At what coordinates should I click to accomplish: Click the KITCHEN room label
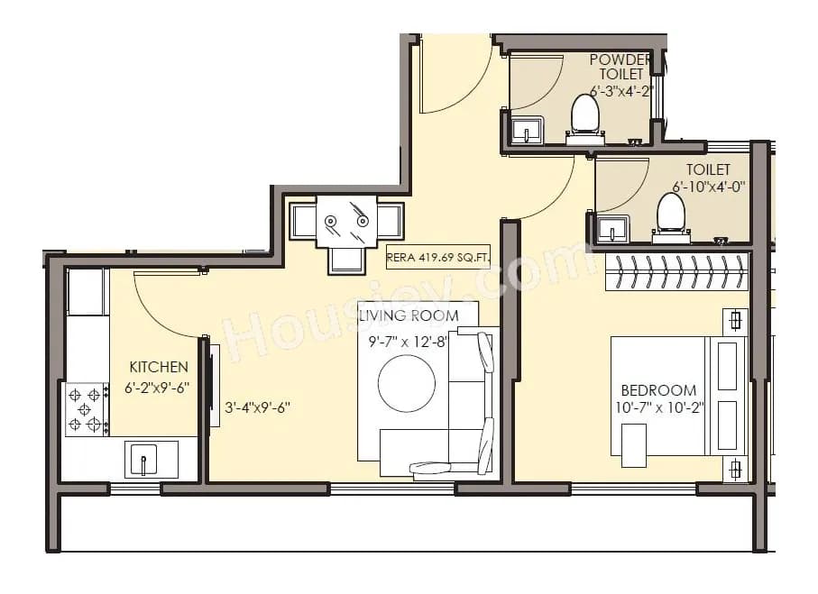click(159, 367)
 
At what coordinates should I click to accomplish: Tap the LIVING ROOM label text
click(408, 316)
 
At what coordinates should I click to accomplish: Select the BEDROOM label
click(658, 390)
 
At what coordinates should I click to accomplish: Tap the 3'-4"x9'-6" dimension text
click(258, 407)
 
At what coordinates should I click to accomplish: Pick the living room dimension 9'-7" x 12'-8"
click(408, 342)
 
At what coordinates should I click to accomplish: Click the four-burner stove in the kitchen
click(86, 409)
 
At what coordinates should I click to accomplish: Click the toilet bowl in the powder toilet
click(585, 115)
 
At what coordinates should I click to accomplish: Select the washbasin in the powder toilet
click(525, 132)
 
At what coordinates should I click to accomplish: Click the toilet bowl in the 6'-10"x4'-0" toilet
click(670, 214)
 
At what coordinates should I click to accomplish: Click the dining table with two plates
click(345, 220)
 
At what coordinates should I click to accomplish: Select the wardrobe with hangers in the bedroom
click(676, 270)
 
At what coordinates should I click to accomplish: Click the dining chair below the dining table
click(346, 260)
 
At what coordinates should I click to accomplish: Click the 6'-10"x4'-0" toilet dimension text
click(708, 187)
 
